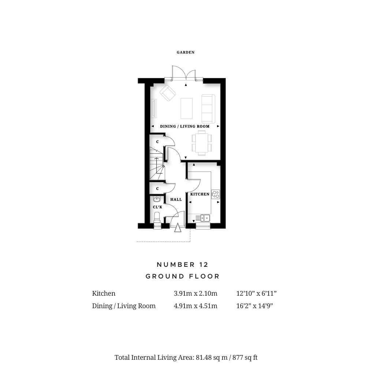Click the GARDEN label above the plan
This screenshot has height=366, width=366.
186,52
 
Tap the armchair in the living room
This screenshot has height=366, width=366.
168,93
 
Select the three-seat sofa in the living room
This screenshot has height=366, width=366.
208,109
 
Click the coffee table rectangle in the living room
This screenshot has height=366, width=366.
187,109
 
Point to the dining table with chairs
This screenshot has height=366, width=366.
202,143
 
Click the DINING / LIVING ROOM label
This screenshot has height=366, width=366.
184,126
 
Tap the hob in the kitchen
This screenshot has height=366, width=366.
216,194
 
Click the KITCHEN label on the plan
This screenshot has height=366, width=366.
200,194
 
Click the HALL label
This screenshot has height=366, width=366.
176,199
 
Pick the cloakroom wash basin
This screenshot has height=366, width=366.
157,199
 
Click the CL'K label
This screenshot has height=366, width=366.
157,207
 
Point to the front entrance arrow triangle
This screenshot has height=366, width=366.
178,228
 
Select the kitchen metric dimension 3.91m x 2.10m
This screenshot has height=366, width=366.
195,294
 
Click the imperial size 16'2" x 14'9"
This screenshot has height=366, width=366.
254,306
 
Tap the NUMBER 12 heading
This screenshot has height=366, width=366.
183,265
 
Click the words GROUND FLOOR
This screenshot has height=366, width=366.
183,276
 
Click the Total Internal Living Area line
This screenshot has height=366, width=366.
186,357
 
